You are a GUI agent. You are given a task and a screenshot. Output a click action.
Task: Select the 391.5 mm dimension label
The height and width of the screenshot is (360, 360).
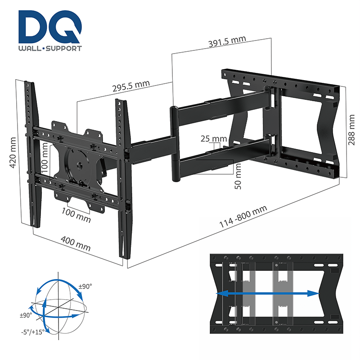coord(227,42)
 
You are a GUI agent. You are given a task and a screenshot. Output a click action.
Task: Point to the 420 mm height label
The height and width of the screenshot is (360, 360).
coord(13,156)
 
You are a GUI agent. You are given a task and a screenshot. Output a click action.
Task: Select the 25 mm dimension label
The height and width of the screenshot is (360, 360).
coord(214,139)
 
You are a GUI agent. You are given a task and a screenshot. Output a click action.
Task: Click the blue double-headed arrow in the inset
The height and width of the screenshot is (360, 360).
coord(268,293)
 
